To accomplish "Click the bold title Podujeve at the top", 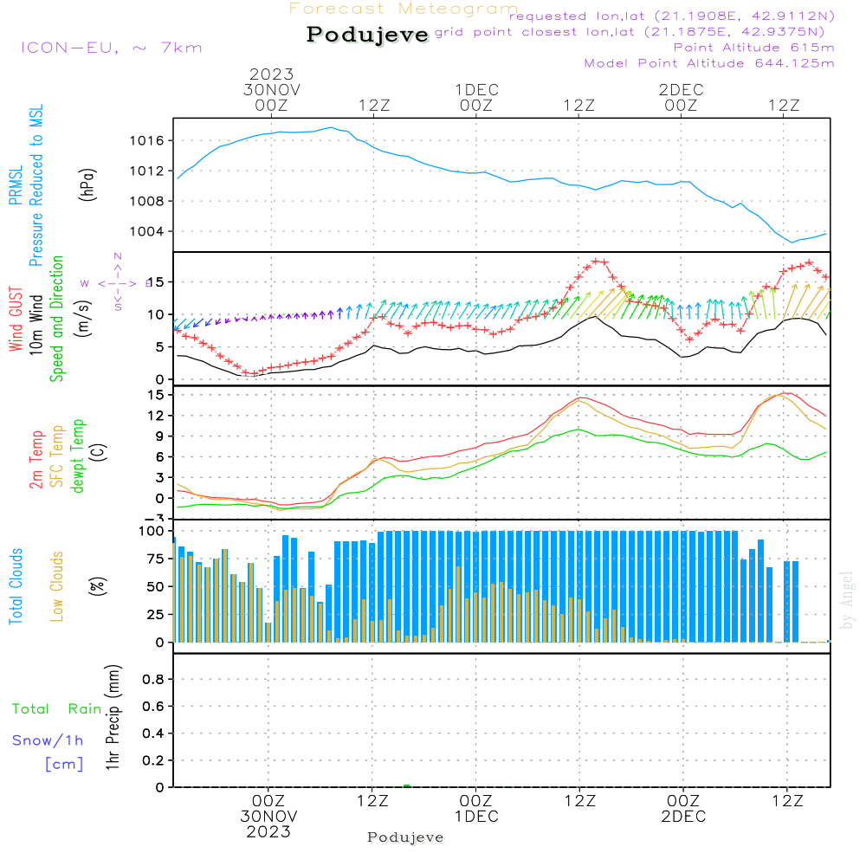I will (368, 35).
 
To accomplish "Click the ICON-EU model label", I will (110, 48).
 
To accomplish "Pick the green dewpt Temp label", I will (78, 456).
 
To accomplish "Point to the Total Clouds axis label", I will (16, 586).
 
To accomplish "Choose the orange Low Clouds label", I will (57, 586).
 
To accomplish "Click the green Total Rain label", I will (56, 708).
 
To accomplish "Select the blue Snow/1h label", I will (48, 740).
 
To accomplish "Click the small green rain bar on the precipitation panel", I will (406, 785).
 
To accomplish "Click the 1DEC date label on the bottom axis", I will (475, 817).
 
